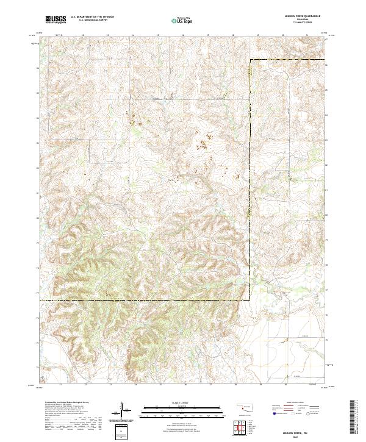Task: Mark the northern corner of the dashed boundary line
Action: coord(250,60)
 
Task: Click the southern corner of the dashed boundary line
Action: coord(250,300)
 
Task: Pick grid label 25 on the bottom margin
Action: coord(161,385)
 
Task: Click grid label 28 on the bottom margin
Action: coord(236,385)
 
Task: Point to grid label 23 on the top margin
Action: coord(107,36)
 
